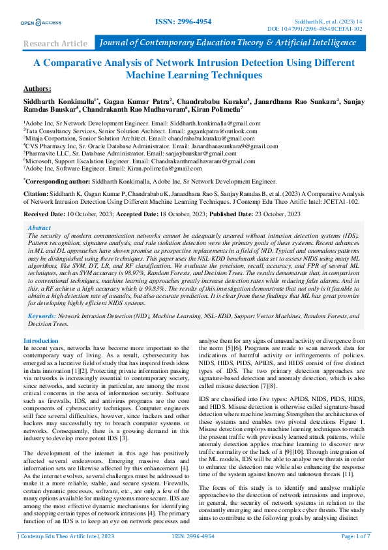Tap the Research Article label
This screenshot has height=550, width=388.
(x=55, y=44)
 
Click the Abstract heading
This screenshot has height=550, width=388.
(x=39, y=228)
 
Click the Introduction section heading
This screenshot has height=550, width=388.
(x=40, y=341)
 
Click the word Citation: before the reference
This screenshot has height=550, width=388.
(x=37, y=195)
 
